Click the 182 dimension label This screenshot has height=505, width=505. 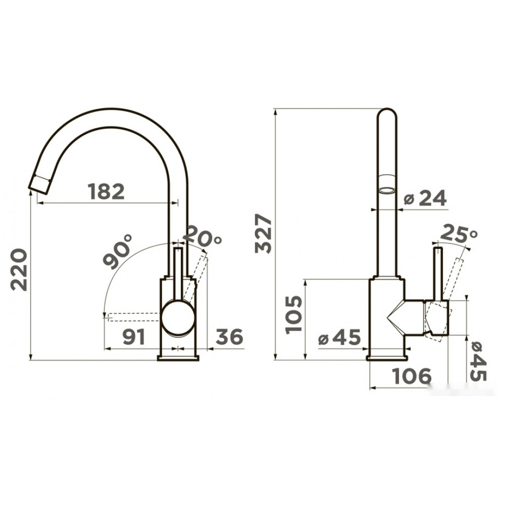click(106, 191)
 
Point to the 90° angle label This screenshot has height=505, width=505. click(118, 251)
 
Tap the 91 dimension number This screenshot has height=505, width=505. click(134, 337)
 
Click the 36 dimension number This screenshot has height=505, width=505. click(229, 336)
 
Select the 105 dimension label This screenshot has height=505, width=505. click(294, 314)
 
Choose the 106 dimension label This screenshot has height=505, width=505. click(412, 376)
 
